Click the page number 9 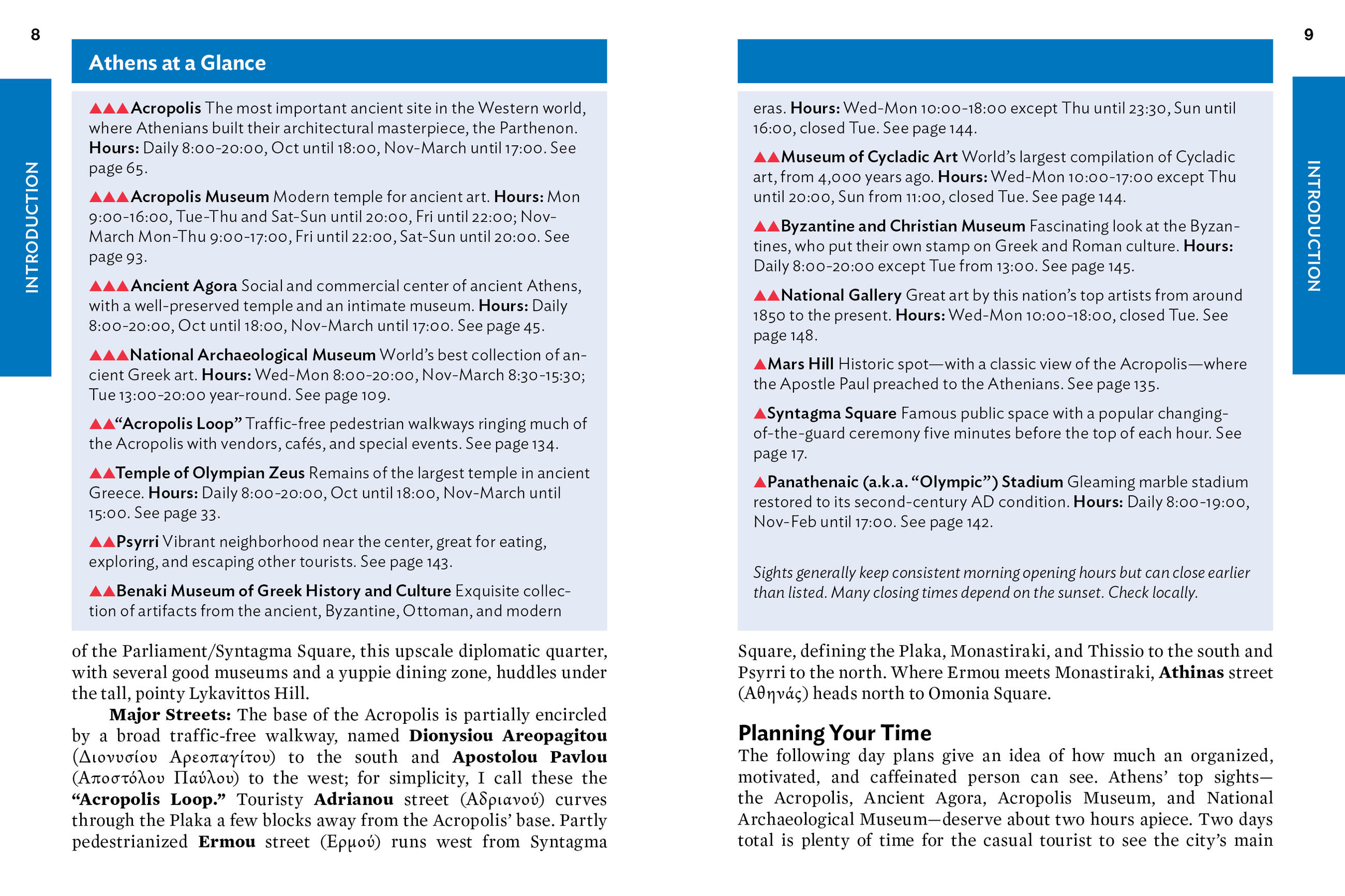(1308, 35)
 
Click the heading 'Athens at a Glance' (177, 63)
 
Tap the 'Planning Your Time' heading (834, 733)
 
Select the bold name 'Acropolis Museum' (200, 196)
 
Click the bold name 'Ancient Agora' (184, 286)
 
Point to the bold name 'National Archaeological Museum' (252, 355)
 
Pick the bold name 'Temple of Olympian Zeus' (210, 473)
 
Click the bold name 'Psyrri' (137, 541)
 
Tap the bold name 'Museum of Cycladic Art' (869, 157)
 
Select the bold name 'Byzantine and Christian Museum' (903, 226)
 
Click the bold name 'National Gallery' (841, 295)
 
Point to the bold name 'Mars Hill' (800, 364)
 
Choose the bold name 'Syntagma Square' (831, 413)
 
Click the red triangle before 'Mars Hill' (760, 364)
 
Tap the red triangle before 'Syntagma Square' (760, 413)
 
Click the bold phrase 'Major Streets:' (170, 715)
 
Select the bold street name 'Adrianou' (353, 799)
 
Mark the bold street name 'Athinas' (1191, 672)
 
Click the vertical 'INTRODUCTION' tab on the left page (32, 227)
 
